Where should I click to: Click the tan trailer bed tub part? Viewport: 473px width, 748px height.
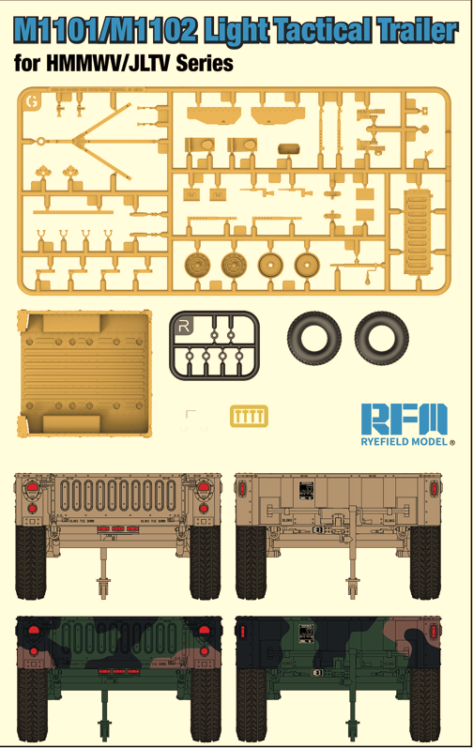coord(84,376)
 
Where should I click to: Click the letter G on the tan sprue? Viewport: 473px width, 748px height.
coord(34,100)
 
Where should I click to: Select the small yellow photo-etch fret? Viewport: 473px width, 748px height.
coord(248,416)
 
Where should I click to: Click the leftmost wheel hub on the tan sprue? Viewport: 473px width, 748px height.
coord(198,265)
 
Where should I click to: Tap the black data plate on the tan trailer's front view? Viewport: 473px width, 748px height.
coord(305,492)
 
